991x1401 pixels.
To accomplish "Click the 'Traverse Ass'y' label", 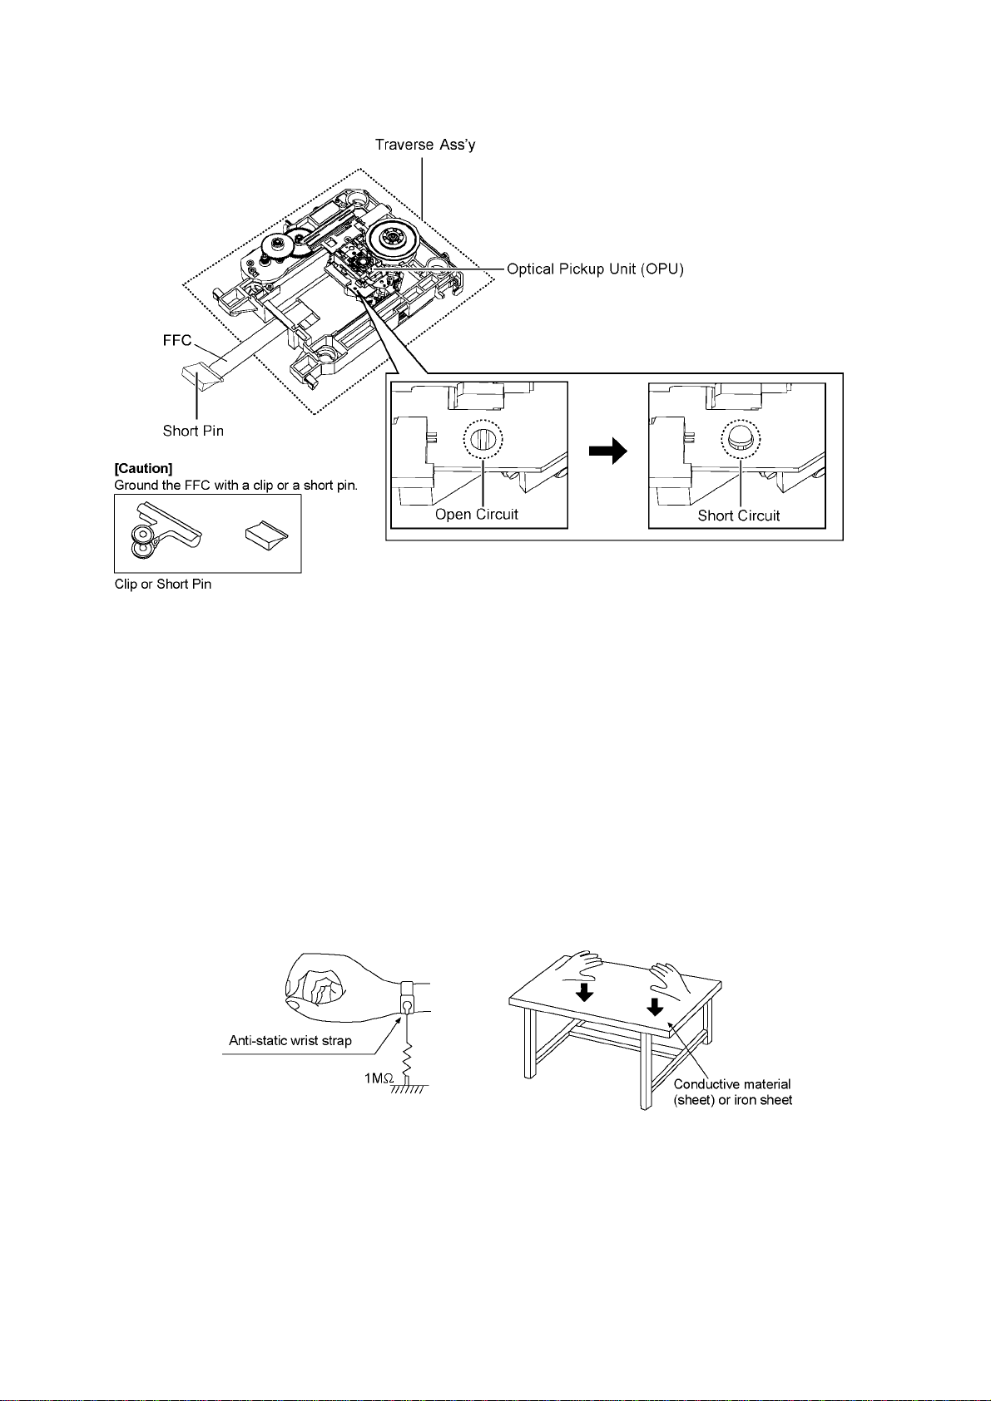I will [x=424, y=145].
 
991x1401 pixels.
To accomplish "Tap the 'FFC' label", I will [x=177, y=340].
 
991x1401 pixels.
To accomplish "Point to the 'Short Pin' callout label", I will [x=193, y=431].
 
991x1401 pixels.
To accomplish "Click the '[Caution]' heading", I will [x=143, y=469].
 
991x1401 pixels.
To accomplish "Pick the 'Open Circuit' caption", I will [x=477, y=515].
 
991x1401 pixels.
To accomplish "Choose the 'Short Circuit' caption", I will [x=739, y=516].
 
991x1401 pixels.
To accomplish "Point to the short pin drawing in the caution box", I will [x=267, y=533].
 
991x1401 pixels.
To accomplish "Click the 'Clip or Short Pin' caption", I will [x=163, y=585].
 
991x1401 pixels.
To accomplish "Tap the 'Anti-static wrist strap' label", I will [x=290, y=1040].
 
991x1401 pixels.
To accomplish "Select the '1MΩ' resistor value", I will [x=379, y=1078].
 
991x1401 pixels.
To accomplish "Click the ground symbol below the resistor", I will [x=409, y=1089].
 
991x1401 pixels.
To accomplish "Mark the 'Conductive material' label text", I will [x=732, y=1084].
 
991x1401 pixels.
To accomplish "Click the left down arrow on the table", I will [x=585, y=991].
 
